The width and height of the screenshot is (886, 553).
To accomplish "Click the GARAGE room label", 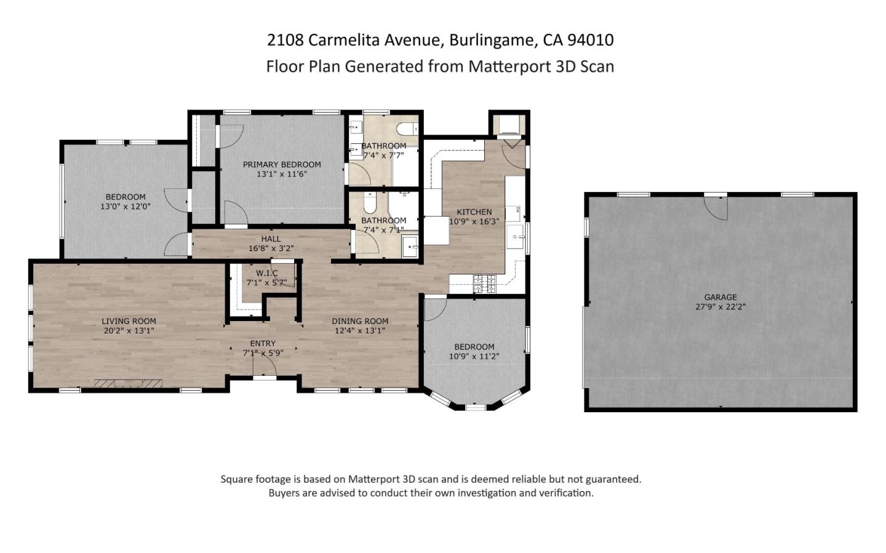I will click(x=720, y=297).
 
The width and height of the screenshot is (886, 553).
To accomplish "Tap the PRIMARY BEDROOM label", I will click(x=282, y=164).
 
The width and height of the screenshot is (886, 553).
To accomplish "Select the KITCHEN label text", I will click(x=474, y=212).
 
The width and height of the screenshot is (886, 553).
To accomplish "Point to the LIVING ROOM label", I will click(x=129, y=320).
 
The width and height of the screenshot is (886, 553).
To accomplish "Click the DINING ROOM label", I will click(x=360, y=320).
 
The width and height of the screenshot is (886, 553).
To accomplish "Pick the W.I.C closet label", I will click(x=267, y=273).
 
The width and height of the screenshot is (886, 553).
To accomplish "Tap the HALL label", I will click(x=271, y=239).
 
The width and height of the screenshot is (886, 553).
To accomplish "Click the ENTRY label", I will click(x=263, y=343).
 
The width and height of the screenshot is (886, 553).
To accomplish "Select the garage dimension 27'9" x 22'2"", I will click(x=720, y=306).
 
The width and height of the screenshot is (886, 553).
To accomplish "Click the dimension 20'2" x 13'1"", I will click(x=129, y=330).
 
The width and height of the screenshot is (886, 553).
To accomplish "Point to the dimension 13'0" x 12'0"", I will click(x=126, y=207).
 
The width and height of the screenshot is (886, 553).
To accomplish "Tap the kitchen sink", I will click(x=515, y=237).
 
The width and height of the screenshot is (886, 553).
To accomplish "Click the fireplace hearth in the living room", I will click(x=128, y=383).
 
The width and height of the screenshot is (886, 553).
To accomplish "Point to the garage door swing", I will click(x=716, y=209).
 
